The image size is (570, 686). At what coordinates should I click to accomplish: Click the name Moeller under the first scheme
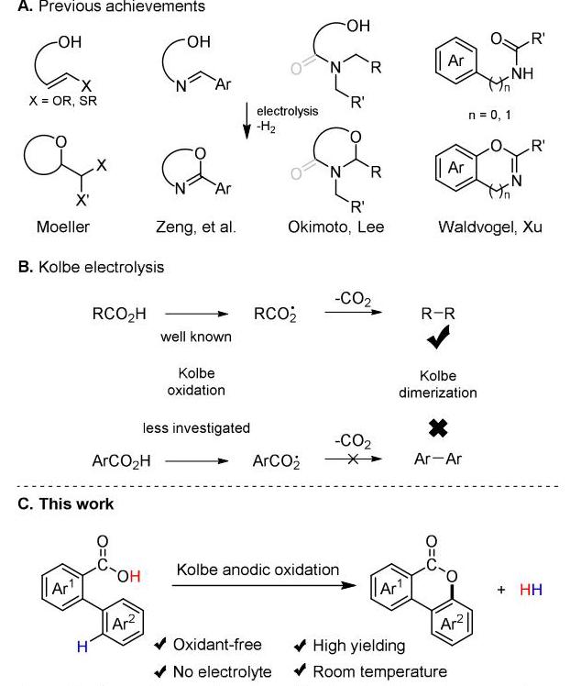pyautogui.click(x=63, y=227)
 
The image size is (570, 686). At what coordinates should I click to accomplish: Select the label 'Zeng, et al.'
pyautogui.click(x=195, y=227)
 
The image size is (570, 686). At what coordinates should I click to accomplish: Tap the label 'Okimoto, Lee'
pyautogui.click(x=335, y=227)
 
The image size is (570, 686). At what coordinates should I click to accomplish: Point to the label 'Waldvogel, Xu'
pyautogui.click(x=490, y=227)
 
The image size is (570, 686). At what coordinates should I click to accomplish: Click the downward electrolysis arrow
pyautogui.click(x=247, y=121)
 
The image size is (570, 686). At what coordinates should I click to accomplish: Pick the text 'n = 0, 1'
pyautogui.click(x=489, y=115)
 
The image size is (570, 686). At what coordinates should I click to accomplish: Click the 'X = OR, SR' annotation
pyautogui.click(x=63, y=101)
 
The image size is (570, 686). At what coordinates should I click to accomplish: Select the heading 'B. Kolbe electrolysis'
pyautogui.click(x=91, y=267)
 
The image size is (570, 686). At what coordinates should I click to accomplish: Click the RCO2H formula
pyautogui.click(x=119, y=315)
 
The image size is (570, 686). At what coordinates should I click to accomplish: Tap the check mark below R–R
pyautogui.click(x=438, y=337)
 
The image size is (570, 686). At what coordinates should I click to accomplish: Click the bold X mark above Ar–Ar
pyautogui.click(x=438, y=428)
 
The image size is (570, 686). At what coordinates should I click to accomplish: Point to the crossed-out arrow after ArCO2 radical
pyautogui.click(x=353, y=459)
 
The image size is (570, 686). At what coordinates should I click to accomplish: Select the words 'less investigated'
pyautogui.click(x=196, y=428)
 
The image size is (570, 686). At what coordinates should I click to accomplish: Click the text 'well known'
pyautogui.click(x=196, y=337)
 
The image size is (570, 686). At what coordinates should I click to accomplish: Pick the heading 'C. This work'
pyautogui.click(x=66, y=504)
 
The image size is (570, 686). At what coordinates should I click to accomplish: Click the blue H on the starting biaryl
pyautogui.click(x=82, y=647)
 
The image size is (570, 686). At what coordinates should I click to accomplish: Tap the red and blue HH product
pyautogui.click(x=532, y=590)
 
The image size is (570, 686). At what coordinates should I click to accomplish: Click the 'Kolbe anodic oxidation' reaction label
pyautogui.click(x=258, y=570)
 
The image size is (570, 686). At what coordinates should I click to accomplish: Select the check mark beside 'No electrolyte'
pyautogui.click(x=160, y=670)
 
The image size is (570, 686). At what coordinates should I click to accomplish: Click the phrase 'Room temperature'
pyautogui.click(x=380, y=671)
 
